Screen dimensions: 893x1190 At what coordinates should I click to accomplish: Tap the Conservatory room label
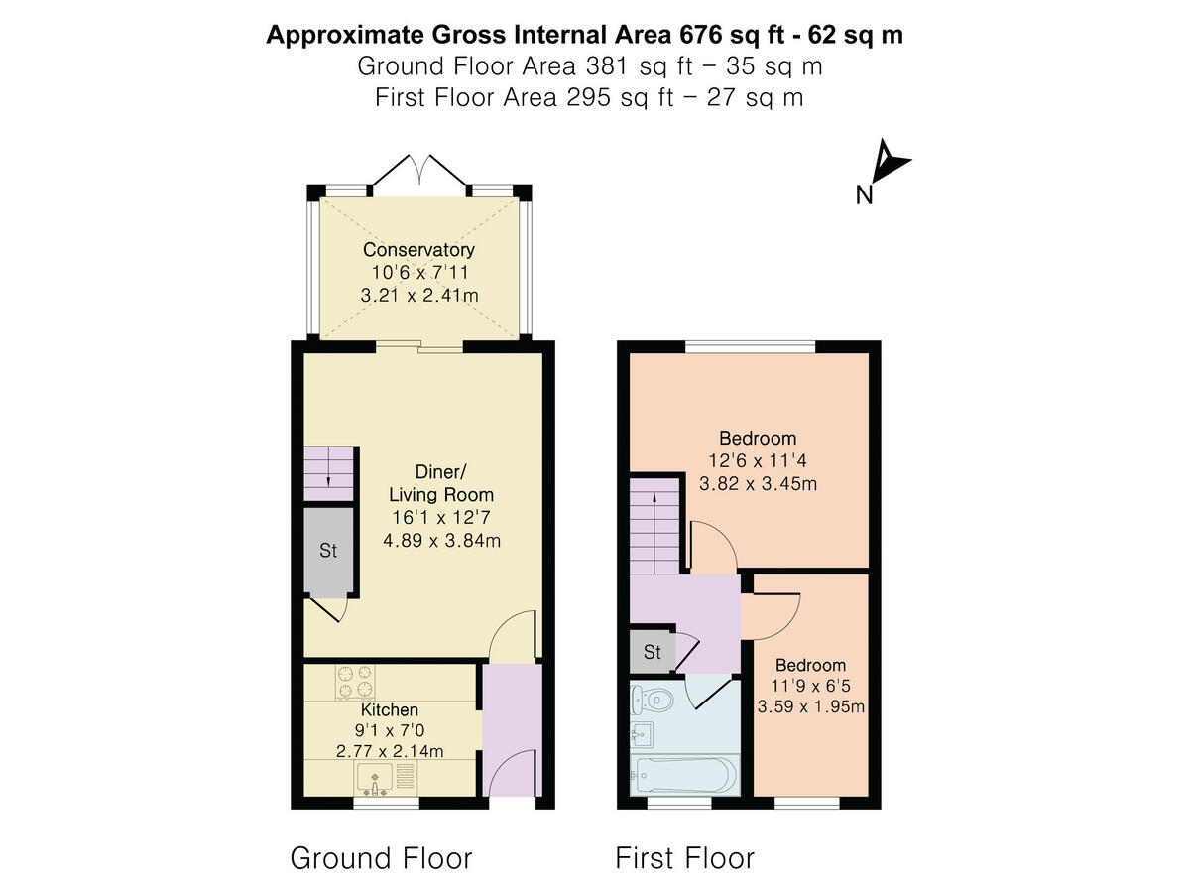tap(418, 250)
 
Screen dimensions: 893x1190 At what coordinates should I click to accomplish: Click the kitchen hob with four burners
tap(356, 681)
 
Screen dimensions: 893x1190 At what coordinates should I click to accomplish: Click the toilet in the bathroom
tap(654, 700)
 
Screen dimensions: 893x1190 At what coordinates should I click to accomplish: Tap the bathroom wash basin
tap(642, 735)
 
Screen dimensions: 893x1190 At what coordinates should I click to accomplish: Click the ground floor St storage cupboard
tap(328, 551)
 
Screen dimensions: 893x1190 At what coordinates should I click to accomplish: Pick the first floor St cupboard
tap(652, 652)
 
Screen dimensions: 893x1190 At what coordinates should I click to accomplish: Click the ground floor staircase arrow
tap(328, 476)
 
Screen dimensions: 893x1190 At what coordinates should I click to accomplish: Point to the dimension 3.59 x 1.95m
tap(810, 707)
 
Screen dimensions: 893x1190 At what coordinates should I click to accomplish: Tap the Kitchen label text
tap(389, 710)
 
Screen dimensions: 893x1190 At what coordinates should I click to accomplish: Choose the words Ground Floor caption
tap(381, 858)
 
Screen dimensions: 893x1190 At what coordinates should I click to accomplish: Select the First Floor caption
tap(685, 858)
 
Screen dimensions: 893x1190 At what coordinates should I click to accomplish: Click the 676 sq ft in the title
tap(730, 36)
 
